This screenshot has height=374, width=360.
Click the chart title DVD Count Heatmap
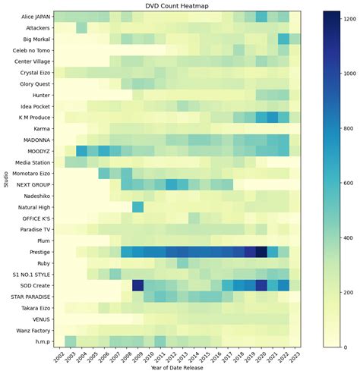[177, 5]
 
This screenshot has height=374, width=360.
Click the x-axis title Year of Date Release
[177, 369]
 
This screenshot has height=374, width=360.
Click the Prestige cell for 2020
[261, 252]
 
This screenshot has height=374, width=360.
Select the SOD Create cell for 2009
[137, 285]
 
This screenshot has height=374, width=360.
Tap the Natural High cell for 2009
[137, 207]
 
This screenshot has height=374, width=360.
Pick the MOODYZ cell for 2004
[81, 151]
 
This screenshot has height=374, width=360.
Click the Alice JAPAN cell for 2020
[261, 16]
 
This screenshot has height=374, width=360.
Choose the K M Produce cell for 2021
[273, 118]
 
